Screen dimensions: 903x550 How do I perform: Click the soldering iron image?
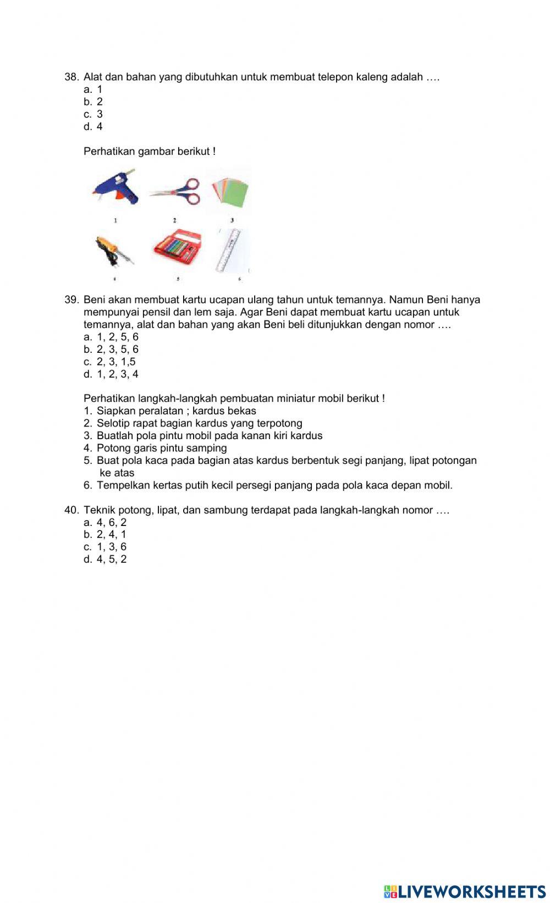pos(114,251)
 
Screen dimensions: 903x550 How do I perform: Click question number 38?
pos(71,77)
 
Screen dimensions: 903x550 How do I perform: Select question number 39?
pos(71,300)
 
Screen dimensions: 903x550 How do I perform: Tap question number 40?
pos(71,510)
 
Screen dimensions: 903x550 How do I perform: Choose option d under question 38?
pos(94,126)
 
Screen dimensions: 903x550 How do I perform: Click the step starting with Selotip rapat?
pos(199,423)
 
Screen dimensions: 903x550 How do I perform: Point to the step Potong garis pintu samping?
pos(162,448)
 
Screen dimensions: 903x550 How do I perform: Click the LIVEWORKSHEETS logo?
pos(465,891)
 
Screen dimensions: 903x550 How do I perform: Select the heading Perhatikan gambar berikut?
pos(149,151)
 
